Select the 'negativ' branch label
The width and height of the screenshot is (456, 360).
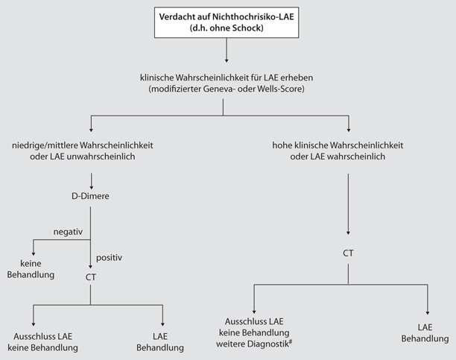(x=68, y=233)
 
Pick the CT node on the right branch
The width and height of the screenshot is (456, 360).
(x=347, y=253)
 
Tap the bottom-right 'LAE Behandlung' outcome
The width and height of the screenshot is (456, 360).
(x=426, y=333)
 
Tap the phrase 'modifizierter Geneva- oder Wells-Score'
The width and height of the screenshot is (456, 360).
(x=224, y=89)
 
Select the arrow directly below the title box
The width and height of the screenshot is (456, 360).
(x=225, y=51)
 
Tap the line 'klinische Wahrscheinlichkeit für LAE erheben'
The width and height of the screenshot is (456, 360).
(x=224, y=78)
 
